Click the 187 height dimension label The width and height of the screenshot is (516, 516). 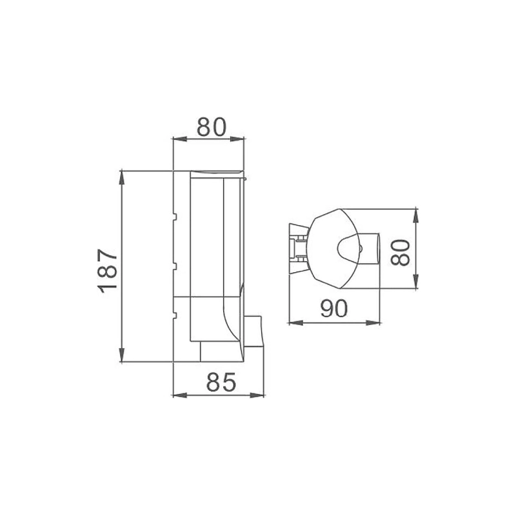107,271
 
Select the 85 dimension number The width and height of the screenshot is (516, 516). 221,382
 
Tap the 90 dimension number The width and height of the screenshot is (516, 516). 333,309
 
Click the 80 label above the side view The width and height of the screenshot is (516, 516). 212,126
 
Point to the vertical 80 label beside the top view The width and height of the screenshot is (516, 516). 400,252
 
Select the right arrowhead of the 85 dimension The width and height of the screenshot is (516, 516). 257,395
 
